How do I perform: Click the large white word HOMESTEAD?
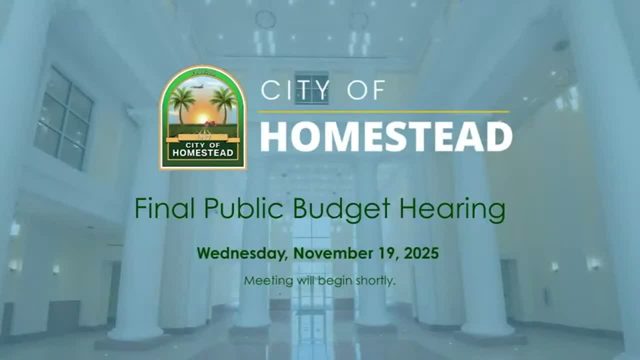(x=386, y=136)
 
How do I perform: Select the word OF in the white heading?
(x=367, y=90)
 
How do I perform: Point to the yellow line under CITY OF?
(x=383, y=111)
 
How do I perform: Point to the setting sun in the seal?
(x=202, y=118)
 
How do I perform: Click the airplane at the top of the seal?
(x=196, y=86)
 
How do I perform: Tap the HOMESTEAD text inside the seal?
(x=202, y=153)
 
